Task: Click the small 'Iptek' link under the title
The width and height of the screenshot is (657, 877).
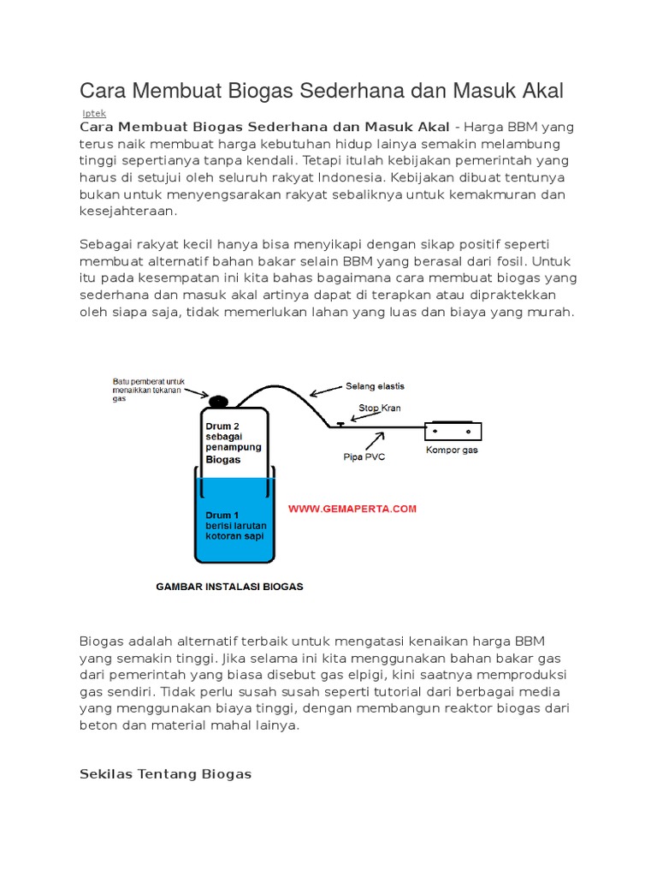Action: [94, 113]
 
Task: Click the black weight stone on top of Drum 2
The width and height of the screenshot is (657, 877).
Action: [218, 400]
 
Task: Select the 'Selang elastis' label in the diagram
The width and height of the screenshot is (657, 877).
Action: [375, 386]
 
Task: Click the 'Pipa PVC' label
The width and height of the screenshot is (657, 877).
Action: [364, 456]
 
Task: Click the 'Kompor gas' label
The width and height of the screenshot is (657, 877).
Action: [452, 450]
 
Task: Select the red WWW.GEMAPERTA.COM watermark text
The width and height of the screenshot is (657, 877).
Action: [352, 509]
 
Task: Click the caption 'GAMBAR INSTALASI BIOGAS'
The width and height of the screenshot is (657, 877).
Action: [229, 588]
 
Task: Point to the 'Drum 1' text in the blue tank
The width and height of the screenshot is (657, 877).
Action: [219, 516]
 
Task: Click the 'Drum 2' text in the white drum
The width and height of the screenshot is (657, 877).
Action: [221, 425]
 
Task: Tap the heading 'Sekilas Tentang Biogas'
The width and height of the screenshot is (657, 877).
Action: [165, 773]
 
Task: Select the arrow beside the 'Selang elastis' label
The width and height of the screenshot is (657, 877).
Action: [324, 391]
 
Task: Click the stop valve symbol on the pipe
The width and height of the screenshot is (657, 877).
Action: [340, 423]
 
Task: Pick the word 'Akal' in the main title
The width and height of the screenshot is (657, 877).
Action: [538, 91]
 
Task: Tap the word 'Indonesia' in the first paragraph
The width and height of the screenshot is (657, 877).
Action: [350, 177]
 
